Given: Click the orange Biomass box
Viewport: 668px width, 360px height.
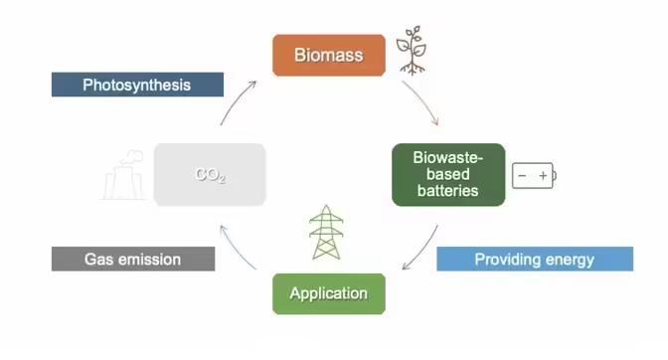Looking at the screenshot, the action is [x=329, y=56].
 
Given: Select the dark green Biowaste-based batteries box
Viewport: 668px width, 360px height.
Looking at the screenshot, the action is [x=448, y=175].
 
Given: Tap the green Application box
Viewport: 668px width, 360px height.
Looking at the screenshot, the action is [x=329, y=294].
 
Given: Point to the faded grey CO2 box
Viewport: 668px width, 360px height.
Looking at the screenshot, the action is [x=210, y=175].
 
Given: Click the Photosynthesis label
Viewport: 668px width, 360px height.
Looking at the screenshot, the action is [x=137, y=85].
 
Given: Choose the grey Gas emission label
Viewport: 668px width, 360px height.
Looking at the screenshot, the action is [x=133, y=259].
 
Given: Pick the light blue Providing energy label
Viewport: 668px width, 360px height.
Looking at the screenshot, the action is [x=535, y=259].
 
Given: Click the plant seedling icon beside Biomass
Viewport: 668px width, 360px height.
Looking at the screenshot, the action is [x=412, y=51].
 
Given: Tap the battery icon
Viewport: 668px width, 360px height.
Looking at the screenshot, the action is [x=534, y=175].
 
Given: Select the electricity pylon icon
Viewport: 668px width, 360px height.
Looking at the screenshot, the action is [x=326, y=232].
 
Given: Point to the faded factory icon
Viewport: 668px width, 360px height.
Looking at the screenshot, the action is [x=123, y=175].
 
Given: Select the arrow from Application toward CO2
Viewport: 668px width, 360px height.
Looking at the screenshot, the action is [x=236, y=250].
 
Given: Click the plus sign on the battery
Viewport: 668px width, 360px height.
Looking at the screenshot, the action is [x=543, y=175].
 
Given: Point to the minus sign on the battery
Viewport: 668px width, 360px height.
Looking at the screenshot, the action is [x=522, y=175].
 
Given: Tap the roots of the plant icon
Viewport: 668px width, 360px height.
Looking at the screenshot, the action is [x=412, y=69].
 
